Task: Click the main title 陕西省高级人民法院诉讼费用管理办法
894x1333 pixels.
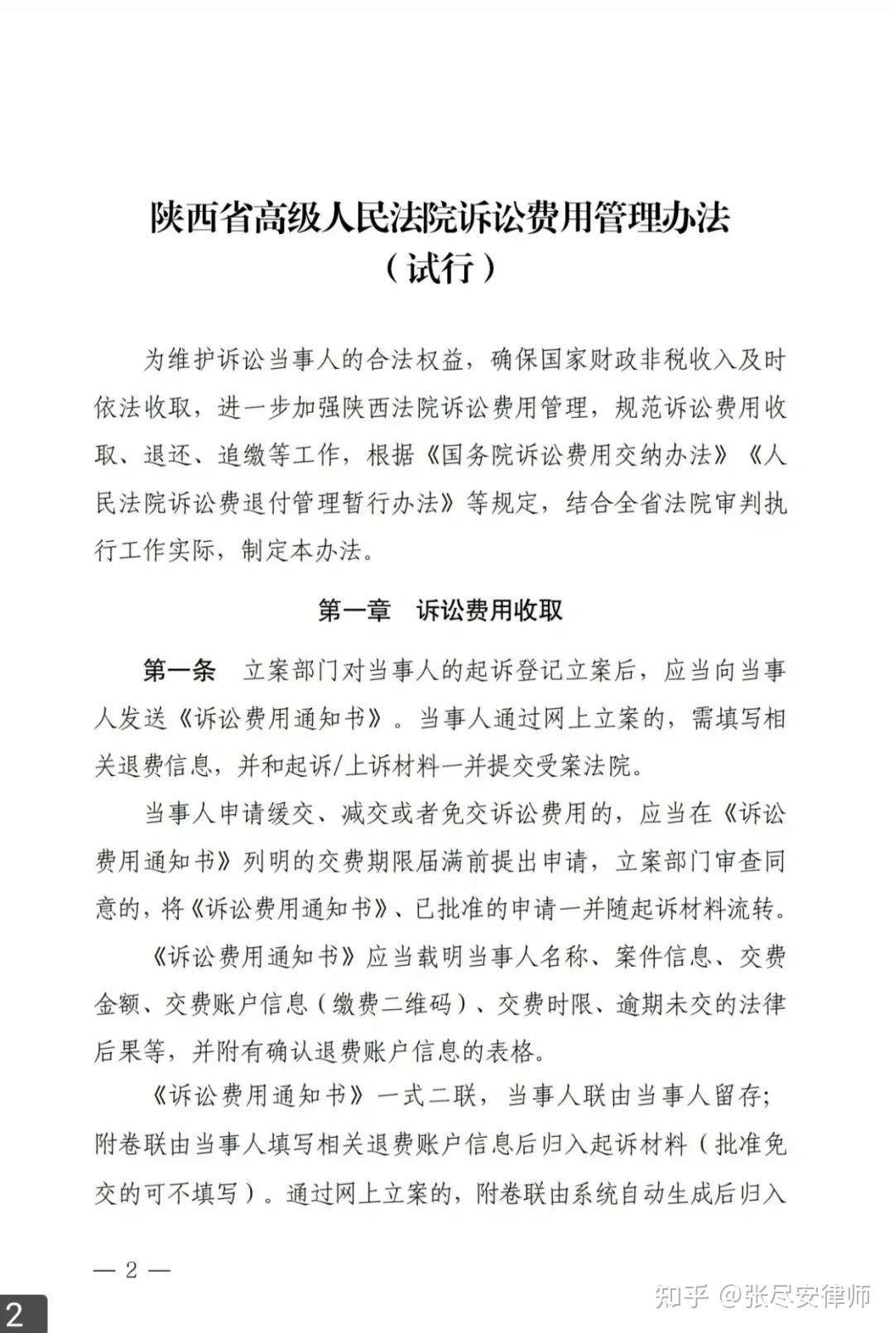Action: [440, 218]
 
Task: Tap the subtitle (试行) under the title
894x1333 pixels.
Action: [440, 268]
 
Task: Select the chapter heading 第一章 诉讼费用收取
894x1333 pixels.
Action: [440, 611]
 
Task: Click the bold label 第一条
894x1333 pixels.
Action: [179, 670]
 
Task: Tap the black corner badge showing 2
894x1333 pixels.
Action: [18, 1315]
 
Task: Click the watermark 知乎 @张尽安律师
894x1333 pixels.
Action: [762, 1295]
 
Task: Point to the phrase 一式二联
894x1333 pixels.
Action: [427, 1097]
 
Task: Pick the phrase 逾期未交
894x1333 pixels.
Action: [664, 1005]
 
